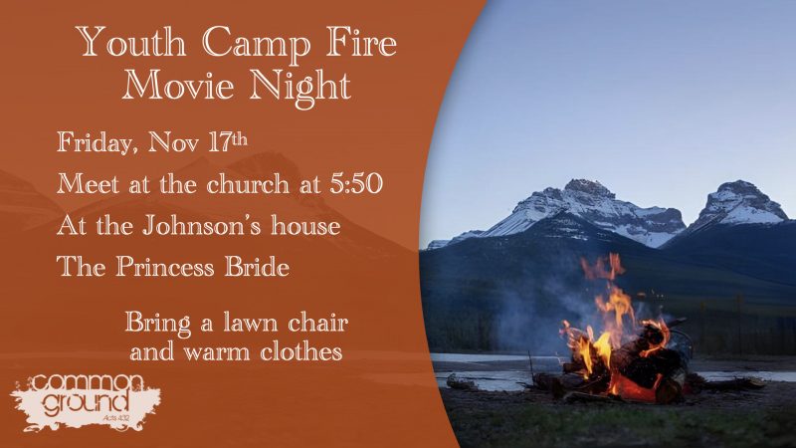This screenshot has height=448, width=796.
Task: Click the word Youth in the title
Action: coord(131,42)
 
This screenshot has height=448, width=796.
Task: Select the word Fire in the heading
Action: coord(361,42)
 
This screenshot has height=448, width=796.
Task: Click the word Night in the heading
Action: coord(300,88)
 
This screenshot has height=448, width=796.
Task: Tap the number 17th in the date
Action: coord(228,141)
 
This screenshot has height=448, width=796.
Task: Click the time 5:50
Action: coord(356,183)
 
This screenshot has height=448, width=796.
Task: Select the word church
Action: coord(247,183)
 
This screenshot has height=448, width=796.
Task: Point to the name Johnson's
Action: coord(201,225)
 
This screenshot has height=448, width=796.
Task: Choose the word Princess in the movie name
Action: coord(165,266)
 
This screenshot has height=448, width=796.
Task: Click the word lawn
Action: coord(251,323)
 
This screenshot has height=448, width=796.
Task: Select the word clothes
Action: coord(301,351)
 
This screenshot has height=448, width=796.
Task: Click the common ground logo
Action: coord(86,402)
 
